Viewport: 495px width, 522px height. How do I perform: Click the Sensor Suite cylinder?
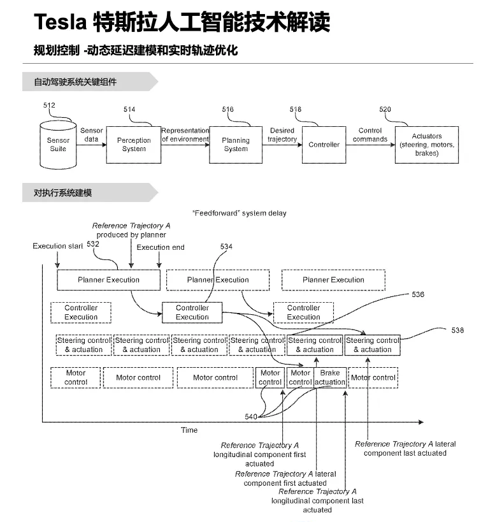tap(58, 143)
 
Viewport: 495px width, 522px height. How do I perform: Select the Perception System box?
tap(134, 145)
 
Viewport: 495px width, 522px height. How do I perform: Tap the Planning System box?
tap(236, 145)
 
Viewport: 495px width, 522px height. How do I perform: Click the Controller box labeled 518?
tap(324, 145)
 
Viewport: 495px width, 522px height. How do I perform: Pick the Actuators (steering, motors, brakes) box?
tap(426, 145)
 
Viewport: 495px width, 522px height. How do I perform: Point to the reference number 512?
tap(50, 105)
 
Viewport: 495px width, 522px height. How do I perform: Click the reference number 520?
tap(385, 110)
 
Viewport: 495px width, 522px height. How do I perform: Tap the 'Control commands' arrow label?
tap(369, 135)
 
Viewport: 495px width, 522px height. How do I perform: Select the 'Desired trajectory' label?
tap(282, 135)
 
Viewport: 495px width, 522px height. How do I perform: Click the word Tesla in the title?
tap(60, 23)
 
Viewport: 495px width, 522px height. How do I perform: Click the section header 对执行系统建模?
tap(62, 192)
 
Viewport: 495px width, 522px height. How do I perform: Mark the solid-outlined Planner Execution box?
tap(108, 280)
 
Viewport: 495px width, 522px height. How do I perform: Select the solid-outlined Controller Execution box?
tap(192, 312)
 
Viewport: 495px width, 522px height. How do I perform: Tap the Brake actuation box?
tap(330, 378)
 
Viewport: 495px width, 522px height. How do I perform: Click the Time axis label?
tap(189, 430)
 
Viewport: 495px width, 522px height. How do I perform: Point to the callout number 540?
tap(251, 417)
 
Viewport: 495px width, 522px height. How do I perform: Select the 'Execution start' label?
tap(57, 246)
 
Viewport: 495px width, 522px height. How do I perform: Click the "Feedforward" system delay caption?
tap(239, 214)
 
